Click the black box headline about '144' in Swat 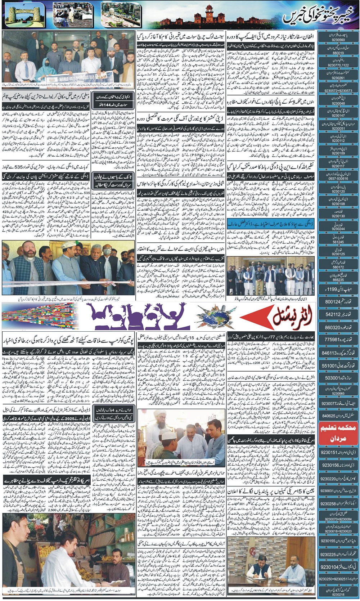113,101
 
